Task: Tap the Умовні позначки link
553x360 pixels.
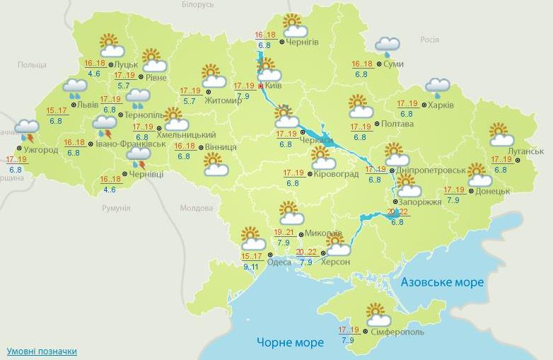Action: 42,352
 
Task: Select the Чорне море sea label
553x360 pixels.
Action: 290,342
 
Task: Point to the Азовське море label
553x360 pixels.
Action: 443,282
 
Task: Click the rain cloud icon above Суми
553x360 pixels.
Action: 387,47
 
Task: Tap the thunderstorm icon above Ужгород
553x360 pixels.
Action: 27,130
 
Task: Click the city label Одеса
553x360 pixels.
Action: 279,262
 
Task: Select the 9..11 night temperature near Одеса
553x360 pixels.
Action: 250,267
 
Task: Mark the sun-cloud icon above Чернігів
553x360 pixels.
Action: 294,25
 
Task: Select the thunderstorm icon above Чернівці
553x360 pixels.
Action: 138,157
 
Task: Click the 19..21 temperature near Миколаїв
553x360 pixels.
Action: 284,233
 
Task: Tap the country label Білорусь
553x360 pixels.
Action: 197,5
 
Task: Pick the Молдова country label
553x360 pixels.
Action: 196,208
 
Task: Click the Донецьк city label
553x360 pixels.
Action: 493,191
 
